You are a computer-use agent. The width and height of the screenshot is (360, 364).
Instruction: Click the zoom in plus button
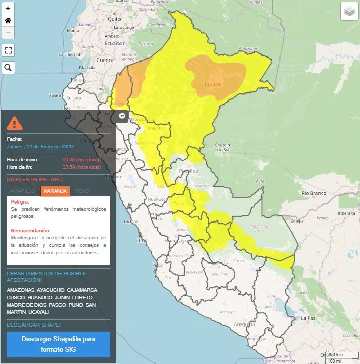8,8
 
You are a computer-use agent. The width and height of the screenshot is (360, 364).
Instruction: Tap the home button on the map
8,21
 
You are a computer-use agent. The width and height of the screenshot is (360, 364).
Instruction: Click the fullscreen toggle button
8,50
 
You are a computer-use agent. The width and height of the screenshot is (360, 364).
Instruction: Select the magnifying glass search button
8,67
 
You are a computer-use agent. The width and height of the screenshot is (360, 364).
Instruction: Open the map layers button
349,11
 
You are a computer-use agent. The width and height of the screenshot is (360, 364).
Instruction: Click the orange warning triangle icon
14,123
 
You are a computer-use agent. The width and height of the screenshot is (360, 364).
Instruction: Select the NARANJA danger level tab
55,191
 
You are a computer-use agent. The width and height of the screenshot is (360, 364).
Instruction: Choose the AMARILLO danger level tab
23,191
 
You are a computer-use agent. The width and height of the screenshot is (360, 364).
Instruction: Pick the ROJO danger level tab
82,191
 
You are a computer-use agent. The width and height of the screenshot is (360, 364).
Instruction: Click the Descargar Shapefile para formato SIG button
58,344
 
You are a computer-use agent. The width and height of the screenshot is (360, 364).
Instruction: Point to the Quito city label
114,18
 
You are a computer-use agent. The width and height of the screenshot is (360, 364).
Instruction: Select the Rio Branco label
314,193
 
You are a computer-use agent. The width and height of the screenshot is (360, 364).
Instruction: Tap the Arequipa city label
245,324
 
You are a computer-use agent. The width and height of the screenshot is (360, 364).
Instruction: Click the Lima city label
142,240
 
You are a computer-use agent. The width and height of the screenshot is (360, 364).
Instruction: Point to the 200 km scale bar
334,355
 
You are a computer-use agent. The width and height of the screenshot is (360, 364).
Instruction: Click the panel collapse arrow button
122,116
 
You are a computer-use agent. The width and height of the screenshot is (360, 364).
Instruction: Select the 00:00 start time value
69,159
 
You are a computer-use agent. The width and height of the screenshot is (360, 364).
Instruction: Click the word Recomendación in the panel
31,231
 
